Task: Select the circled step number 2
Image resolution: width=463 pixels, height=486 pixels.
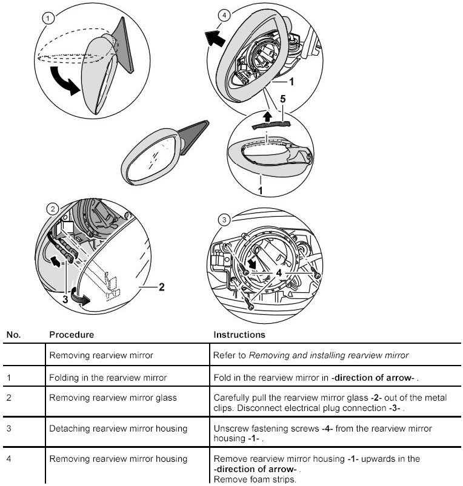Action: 53,209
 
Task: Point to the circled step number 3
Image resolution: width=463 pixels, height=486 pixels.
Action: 224,220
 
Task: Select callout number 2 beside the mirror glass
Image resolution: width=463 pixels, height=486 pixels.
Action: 161,287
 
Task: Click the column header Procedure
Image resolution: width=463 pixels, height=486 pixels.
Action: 72,334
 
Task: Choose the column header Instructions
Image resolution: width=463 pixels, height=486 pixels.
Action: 239,334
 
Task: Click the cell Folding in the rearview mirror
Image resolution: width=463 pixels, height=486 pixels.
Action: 107,378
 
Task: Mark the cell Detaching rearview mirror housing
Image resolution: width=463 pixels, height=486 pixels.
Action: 118,429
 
